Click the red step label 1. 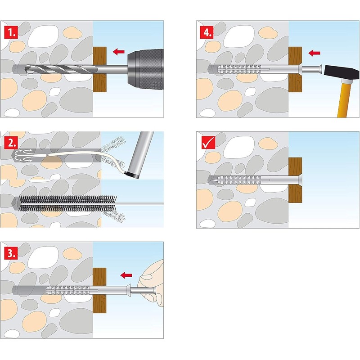click(x=10, y=31)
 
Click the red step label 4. click(x=208, y=31)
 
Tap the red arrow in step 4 click(x=314, y=53)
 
